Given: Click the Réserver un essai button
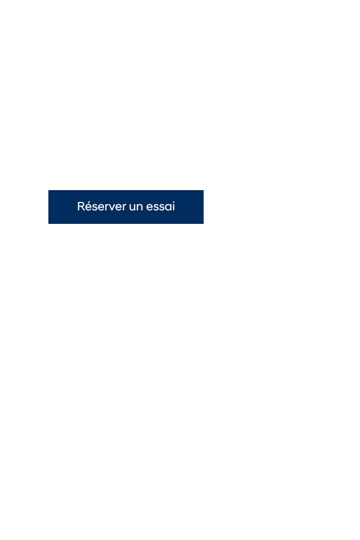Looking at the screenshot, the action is pyautogui.click(x=126, y=206).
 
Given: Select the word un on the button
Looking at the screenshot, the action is pyautogui.click(x=136, y=207).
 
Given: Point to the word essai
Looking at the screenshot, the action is pyautogui.click(x=160, y=206).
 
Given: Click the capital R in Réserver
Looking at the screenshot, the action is pyautogui.click(x=81, y=206).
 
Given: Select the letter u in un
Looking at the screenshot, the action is pyautogui.click(x=133, y=208).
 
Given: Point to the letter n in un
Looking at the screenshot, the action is pyautogui.click(x=140, y=207).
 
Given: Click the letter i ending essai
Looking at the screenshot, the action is pyautogui.click(x=174, y=206).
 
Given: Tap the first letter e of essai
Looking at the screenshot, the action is pyautogui.click(x=150, y=208).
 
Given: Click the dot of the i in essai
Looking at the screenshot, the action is pyautogui.click(x=174, y=201).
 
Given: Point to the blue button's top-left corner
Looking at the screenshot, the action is pyautogui.click(x=48, y=190).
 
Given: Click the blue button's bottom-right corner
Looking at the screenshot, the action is pyautogui.click(x=204, y=224).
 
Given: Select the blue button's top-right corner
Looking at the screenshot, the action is pyautogui.click(x=204, y=190).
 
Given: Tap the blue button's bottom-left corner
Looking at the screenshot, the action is pyautogui.click(x=48, y=224).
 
